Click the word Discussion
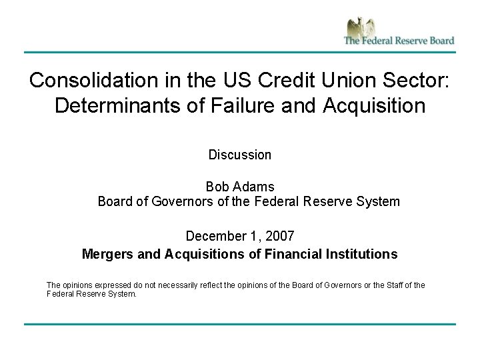pos(240,155)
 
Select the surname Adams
pos(254,186)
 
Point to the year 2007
pos(280,236)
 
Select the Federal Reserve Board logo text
pos(399,40)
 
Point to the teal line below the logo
pos(240,52)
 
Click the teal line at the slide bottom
pos(240,325)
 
